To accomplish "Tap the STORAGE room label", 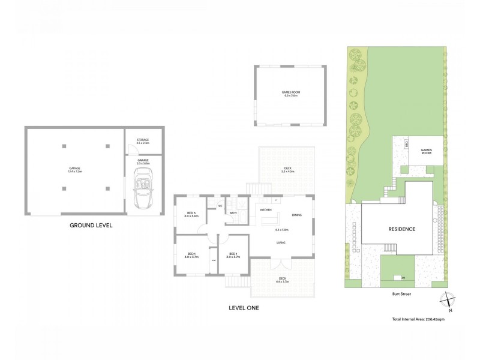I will coord(142,141).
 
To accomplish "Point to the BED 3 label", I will coord(192,214).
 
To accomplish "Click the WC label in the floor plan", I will coord(220,206).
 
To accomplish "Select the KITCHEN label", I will coord(266,210).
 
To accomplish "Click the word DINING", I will coord(297,215).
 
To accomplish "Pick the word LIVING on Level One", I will coord(280,242).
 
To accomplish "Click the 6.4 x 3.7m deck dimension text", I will coord(283,281).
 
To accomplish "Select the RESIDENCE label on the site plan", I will coord(401,229).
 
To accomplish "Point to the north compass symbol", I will coord(448,299).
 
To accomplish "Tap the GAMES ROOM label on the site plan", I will coord(427,152).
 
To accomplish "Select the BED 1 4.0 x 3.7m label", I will coord(192,255).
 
